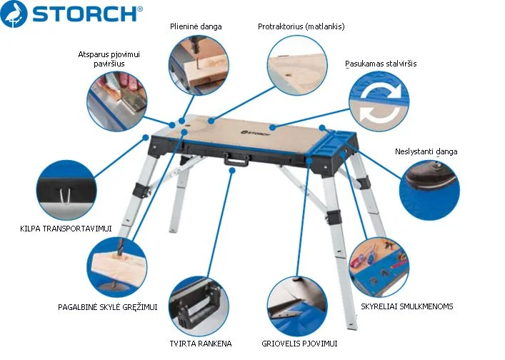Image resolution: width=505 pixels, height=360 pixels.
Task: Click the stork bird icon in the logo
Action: (x=14, y=14)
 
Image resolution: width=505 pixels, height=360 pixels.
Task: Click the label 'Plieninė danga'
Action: (x=196, y=26)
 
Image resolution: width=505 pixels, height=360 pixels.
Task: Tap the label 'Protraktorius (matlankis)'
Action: (x=301, y=26)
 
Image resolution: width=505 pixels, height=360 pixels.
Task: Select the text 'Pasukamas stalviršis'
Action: (x=381, y=64)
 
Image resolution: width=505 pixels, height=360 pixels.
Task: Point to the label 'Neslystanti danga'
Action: (x=426, y=151)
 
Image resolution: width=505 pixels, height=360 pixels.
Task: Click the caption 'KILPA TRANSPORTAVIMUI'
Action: (x=66, y=229)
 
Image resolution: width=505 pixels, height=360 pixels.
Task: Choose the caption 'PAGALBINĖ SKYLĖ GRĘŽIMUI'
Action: (x=108, y=307)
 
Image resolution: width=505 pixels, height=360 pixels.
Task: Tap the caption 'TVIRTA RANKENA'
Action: (x=201, y=344)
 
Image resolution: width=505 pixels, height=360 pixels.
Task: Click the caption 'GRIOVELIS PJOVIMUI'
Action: (x=299, y=344)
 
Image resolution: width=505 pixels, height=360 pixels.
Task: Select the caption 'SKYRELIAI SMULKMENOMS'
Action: (x=406, y=306)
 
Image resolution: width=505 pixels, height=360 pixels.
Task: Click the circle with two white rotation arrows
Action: (x=379, y=101)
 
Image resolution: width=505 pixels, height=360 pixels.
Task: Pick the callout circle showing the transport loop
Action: (x=66, y=190)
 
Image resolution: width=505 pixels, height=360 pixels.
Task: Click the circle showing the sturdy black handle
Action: (x=199, y=306)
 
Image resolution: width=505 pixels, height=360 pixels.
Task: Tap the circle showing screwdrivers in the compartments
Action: (x=379, y=267)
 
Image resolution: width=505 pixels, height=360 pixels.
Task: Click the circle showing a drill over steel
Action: (x=199, y=65)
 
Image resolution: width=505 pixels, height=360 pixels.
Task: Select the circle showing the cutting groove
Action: (x=297, y=306)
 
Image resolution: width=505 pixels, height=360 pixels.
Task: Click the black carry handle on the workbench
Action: (x=236, y=159)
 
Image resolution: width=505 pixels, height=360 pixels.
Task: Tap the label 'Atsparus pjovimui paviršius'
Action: (x=109, y=59)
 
